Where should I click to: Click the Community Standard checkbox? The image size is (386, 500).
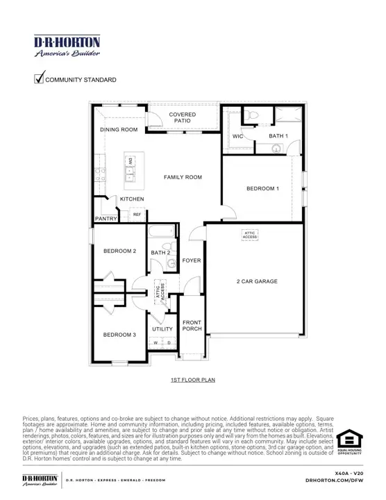[39, 78]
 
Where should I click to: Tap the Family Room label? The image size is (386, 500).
[183, 177]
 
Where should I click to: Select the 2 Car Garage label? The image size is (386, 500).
[257, 281]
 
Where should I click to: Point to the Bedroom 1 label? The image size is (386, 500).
[262, 188]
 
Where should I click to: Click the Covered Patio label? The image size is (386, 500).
[183, 117]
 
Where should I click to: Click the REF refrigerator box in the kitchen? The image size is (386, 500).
[137, 215]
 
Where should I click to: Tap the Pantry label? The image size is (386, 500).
[106, 219]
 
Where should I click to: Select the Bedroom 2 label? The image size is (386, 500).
[119, 251]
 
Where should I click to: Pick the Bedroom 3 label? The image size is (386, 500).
[119, 335]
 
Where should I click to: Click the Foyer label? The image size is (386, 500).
[192, 260]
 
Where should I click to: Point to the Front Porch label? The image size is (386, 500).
[192, 325]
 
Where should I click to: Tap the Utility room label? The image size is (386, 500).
[162, 328]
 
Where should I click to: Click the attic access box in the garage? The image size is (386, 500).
[250, 235]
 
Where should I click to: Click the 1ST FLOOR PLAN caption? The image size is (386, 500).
[192, 381]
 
